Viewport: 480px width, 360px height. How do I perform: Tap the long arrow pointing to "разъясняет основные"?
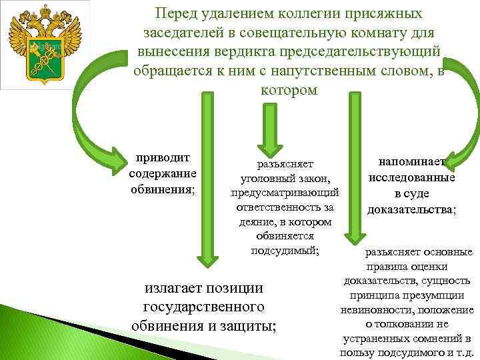[353, 167]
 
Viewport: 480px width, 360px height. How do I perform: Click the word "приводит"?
[163, 158]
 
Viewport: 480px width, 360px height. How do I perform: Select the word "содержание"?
[163, 173]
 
